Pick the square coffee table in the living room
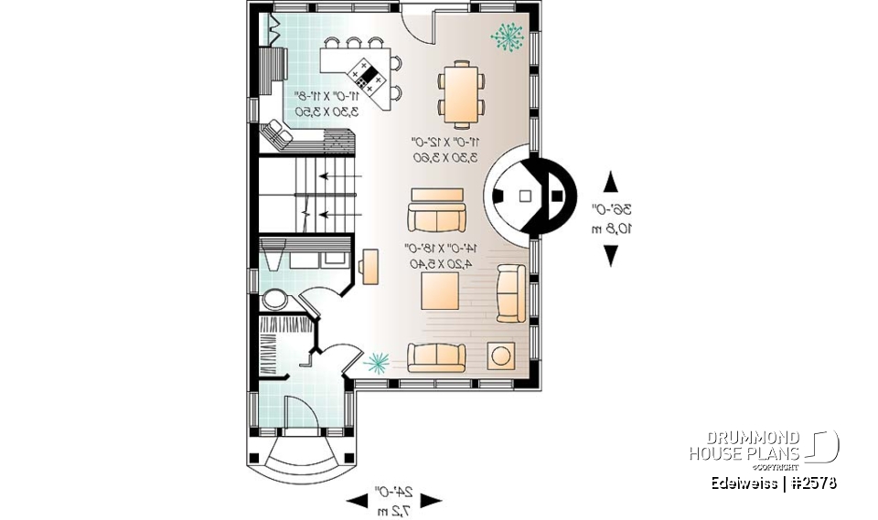coord(439,292)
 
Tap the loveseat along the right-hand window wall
coord(510,292)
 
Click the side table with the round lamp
coord(501,356)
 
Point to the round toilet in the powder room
coord(273,301)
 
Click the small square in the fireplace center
coord(525,195)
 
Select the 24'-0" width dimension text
coord(394,492)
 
